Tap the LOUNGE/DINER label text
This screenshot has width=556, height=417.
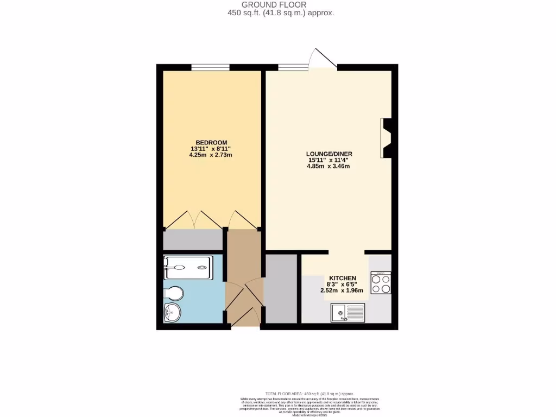point(329,154)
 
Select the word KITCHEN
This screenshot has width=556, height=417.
point(342,277)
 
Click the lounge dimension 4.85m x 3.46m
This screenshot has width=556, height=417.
point(328,166)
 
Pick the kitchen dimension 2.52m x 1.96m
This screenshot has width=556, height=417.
point(342,290)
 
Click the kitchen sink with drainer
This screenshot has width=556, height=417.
point(348,312)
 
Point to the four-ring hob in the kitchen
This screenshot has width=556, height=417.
point(381,283)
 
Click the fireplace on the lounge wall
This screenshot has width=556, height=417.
point(387,138)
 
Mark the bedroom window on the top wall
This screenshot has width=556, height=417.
point(210,67)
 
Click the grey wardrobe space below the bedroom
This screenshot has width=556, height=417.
point(193,239)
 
